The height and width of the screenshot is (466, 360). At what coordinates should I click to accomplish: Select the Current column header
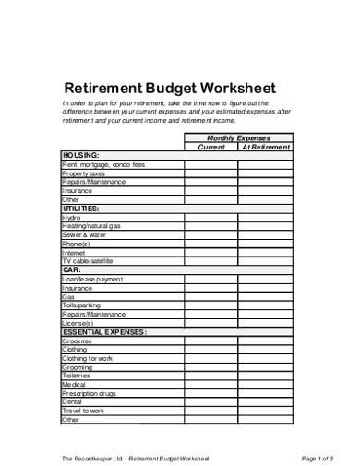point(211,147)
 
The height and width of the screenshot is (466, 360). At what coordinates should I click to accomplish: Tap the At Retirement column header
point(266,147)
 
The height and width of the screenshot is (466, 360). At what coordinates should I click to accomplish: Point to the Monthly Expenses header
point(238,137)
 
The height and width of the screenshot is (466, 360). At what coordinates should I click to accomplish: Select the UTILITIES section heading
point(83,209)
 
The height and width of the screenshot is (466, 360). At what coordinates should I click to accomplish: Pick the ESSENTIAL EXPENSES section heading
point(104,330)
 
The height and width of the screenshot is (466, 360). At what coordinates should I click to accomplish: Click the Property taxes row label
point(84,173)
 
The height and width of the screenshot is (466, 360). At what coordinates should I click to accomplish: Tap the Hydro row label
point(71,218)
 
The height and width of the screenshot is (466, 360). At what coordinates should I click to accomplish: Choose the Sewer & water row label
point(86,235)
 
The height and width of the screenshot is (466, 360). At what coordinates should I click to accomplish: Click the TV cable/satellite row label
point(93,261)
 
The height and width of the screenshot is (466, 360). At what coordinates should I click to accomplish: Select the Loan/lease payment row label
point(91,279)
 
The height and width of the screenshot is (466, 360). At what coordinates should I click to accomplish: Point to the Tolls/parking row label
point(82,305)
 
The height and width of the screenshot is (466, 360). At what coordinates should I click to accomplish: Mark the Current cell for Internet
point(211,253)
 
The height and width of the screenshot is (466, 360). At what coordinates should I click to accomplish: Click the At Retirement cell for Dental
point(266,401)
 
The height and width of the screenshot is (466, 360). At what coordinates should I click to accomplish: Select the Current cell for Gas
point(211,296)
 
